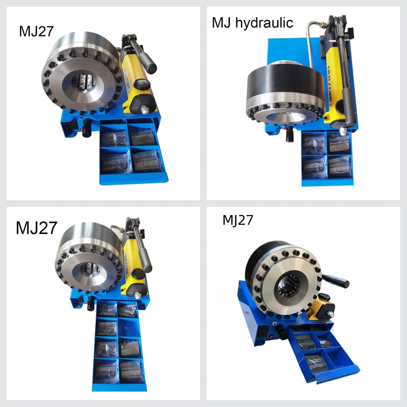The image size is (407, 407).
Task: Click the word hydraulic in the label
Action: coord(265,23)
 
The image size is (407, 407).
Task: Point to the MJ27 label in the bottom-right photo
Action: coord(238,220)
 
